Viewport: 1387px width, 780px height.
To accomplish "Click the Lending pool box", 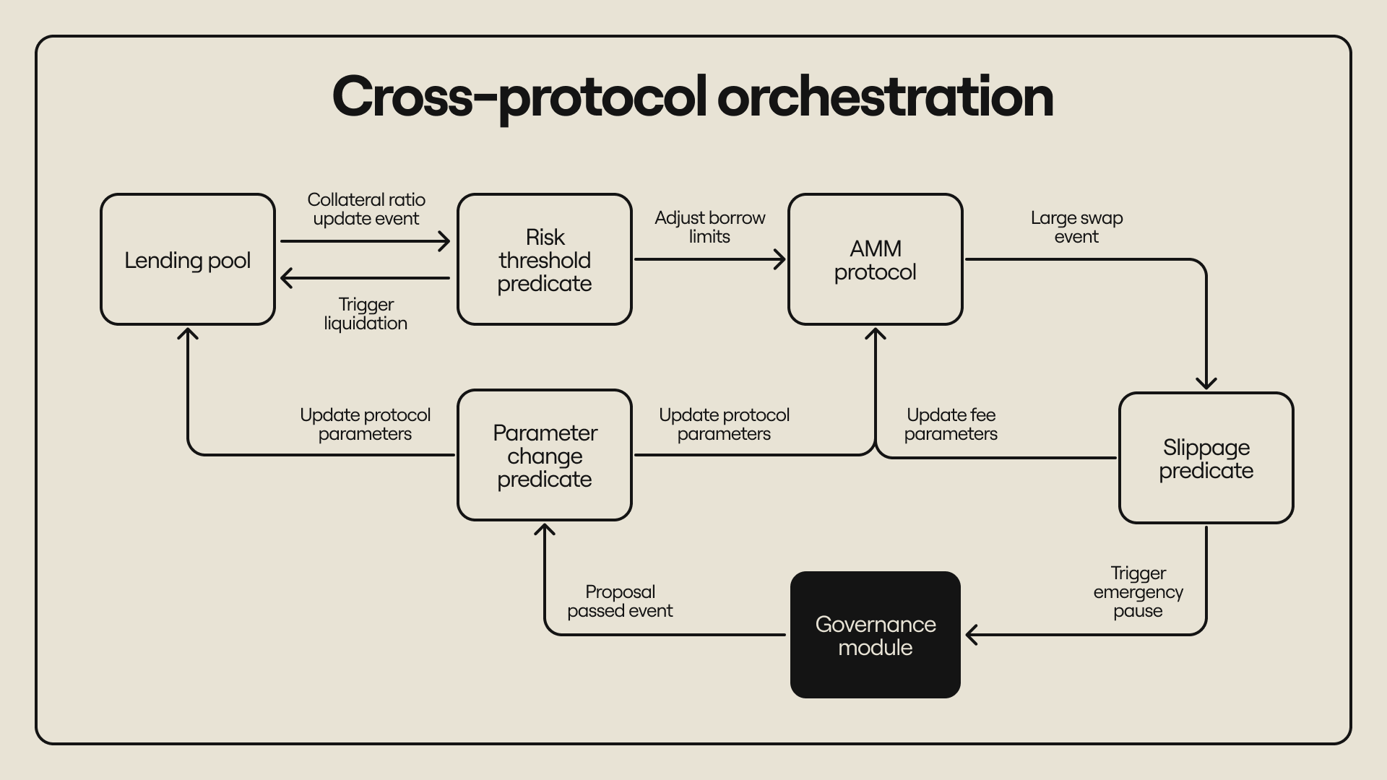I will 188,259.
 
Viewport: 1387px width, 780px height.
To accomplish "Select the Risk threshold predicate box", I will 545,259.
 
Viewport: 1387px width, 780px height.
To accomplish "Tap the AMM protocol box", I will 876,259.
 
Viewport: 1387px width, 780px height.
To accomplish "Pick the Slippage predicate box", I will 1206,458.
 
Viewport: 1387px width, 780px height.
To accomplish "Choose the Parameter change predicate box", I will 545,455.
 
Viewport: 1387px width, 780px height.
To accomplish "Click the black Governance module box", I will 876,635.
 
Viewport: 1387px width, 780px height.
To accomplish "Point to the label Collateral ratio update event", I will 366,209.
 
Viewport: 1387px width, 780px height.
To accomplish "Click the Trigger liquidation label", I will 366,313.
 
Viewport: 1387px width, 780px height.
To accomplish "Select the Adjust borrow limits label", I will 709,227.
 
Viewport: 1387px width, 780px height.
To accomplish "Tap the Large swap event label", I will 1076,227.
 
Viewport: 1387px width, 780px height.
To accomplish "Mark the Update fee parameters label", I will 951,424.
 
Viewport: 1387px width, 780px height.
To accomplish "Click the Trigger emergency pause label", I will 1138,591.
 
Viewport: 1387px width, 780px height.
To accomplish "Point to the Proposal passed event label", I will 620,601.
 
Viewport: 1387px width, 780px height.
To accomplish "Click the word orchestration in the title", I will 885,97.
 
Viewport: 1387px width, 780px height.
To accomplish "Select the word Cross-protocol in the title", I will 519,97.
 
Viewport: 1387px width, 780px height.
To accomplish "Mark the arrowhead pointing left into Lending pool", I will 285,277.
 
